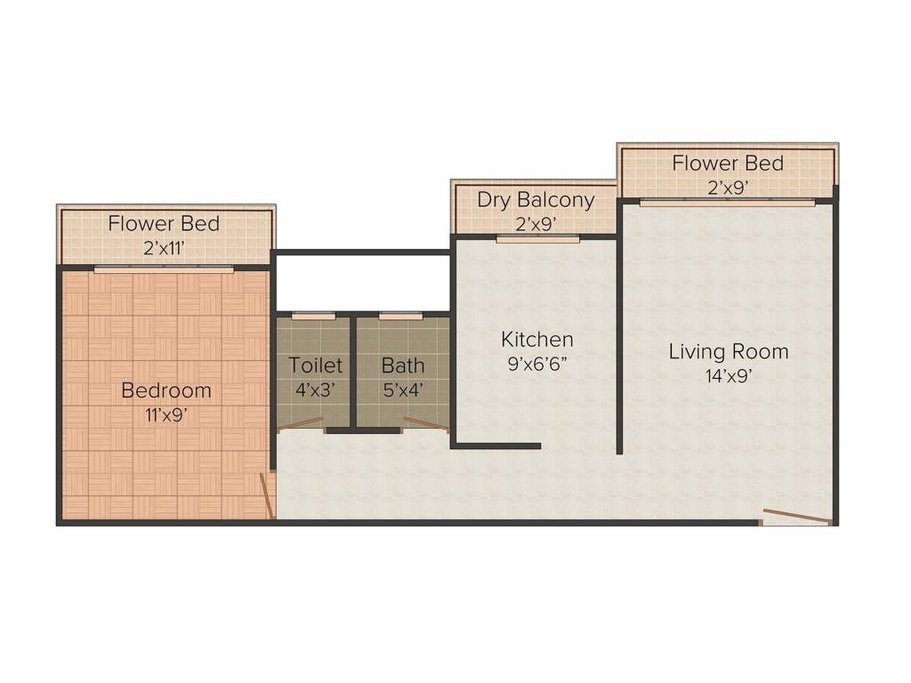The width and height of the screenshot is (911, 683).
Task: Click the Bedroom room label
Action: pyautogui.click(x=166, y=390)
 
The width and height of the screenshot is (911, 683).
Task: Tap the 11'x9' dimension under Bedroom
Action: pyautogui.click(x=166, y=414)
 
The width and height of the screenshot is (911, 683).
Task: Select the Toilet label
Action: pyautogui.click(x=315, y=365)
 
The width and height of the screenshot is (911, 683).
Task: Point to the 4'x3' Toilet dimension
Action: pyautogui.click(x=315, y=389)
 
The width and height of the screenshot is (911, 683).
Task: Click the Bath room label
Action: pyautogui.click(x=403, y=365)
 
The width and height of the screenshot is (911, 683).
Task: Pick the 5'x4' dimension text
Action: pyautogui.click(x=403, y=389)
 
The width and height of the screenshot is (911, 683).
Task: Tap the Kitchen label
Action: pyautogui.click(x=536, y=339)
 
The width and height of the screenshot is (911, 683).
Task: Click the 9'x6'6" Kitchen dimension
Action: pyautogui.click(x=536, y=363)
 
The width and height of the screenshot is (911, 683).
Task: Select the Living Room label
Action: pyautogui.click(x=728, y=351)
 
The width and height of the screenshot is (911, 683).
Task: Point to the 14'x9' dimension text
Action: pyautogui.click(x=728, y=375)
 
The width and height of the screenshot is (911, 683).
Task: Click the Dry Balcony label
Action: pyautogui.click(x=535, y=199)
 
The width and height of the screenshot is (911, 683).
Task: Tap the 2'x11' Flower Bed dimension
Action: pyautogui.click(x=164, y=248)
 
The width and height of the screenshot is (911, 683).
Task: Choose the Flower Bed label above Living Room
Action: pyautogui.click(x=727, y=164)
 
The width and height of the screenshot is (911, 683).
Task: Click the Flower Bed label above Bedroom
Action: pyautogui.click(x=164, y=223)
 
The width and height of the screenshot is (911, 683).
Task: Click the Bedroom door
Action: pyautogui.click(x=265, y=495)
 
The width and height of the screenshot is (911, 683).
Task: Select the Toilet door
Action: pyautogui.click(x=301, y=423)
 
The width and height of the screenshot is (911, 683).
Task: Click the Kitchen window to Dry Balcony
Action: pyautogui.click(x=537, y=238)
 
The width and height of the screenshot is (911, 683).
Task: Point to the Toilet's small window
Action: pyautogui.click(x=313, y=315)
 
